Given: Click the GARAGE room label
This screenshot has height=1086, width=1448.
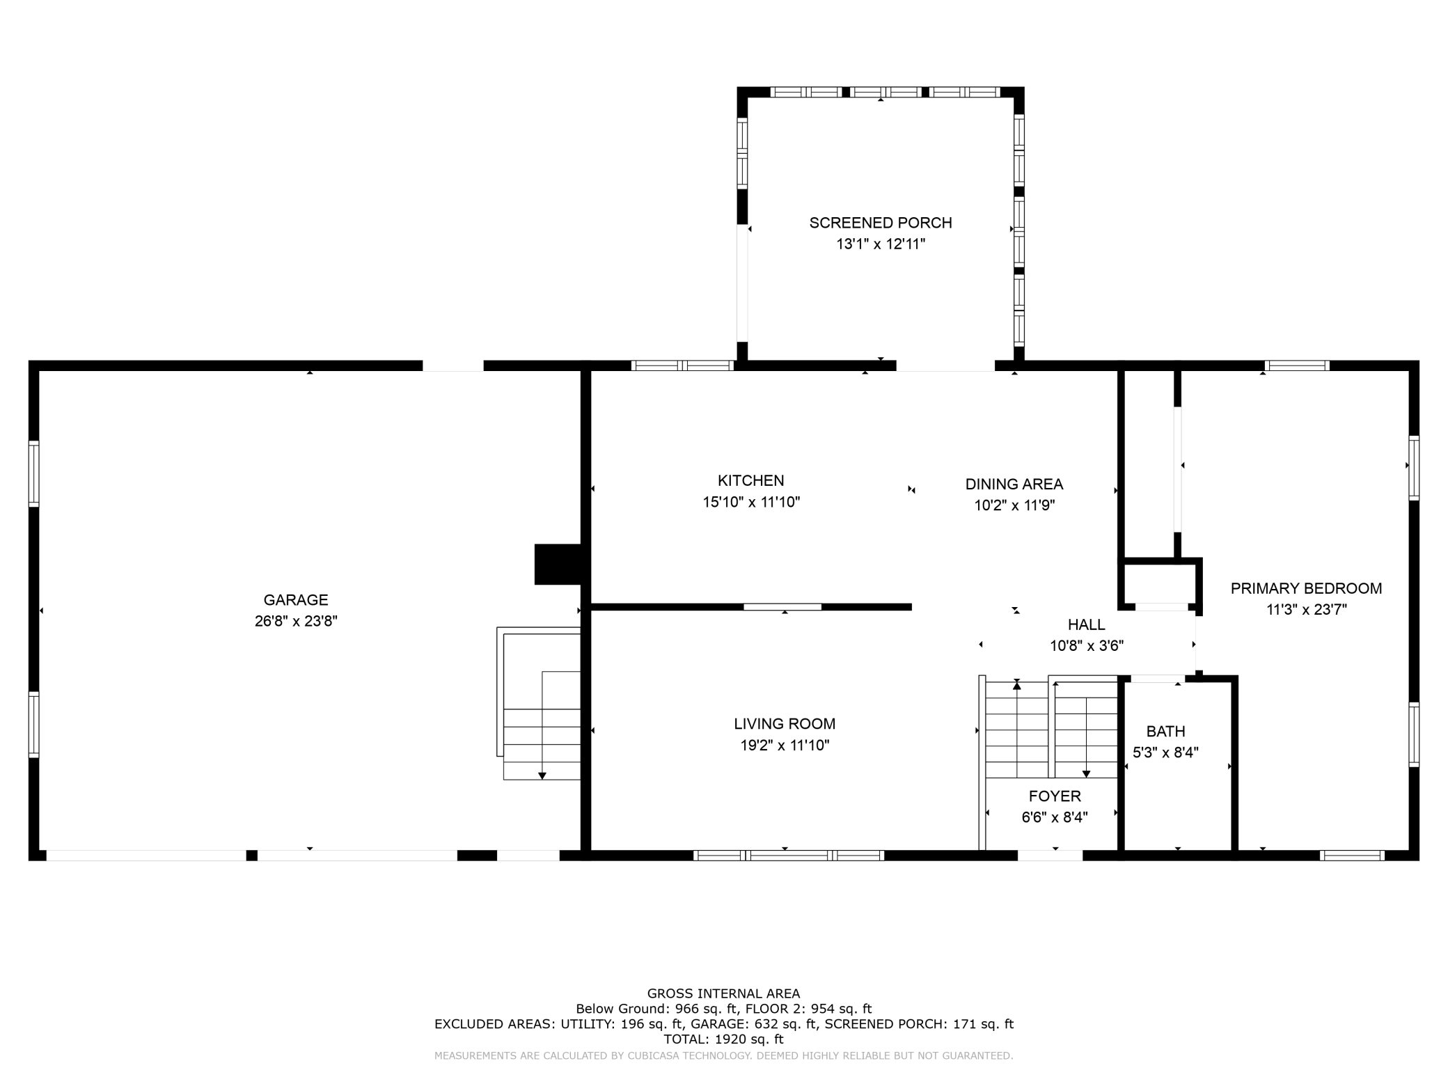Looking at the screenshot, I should click(x=295, y=599).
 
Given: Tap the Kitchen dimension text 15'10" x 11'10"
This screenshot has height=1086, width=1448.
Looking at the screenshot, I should click(x=751, y=502).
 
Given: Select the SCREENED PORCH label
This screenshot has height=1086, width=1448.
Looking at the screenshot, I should click(x=880, y=223).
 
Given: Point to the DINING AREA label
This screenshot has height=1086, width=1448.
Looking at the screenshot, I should click(x=1014, y=484).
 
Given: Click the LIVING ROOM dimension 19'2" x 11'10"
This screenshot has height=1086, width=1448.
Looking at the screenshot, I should click(x=785, y=746).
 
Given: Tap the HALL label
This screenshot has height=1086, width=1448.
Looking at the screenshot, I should click(x=1086, y=624).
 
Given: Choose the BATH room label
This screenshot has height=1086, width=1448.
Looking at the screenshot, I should click(x=1165, y=731).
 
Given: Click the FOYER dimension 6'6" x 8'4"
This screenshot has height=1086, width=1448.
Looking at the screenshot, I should click(x=1055, y=817).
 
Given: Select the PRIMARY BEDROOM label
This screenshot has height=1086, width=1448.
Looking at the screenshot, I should click(x=1306, y=588).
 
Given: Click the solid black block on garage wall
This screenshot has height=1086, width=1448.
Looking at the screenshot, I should click(x=558, y=564).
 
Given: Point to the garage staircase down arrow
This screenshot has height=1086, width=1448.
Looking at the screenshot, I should click(x=542, y=775).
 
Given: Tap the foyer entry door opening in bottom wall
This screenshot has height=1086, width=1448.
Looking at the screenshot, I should click(x=1050, y=856).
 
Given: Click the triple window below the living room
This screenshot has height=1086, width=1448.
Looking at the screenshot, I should click(x=789, y=856).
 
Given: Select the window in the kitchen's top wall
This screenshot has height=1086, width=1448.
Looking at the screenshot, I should click(x=682, y=365).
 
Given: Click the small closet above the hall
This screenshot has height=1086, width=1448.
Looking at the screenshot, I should click(x=1160, y=585).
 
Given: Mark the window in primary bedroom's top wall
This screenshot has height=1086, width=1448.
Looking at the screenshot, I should click(x=1296, y=365).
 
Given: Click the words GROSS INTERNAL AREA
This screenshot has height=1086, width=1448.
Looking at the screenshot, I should click(x=723, y=993).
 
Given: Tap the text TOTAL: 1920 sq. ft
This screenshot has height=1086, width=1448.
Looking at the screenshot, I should click(x=723, y=1039).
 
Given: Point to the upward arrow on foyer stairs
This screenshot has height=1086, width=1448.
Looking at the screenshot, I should click(x=1017, y=686).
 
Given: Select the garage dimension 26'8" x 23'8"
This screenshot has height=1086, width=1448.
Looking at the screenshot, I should click(x=295, y=621).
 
